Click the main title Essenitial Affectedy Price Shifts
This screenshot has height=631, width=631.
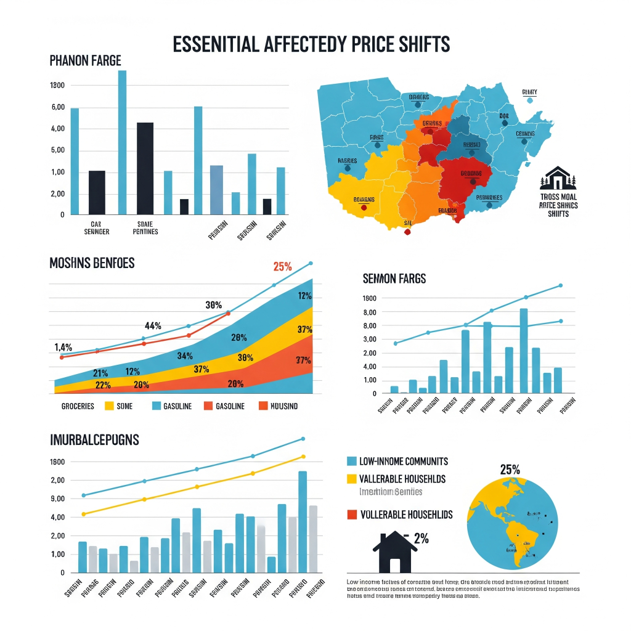coord(311,45)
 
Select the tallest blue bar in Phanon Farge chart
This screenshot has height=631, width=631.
coord(122,142)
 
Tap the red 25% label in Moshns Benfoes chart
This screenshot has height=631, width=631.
coord(282,267)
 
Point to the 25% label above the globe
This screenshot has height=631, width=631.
coord(510,469)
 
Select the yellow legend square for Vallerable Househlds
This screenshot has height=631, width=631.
coord(352,479)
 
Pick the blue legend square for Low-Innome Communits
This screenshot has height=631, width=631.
coord(352,461)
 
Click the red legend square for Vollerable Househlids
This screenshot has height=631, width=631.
coord(352,514)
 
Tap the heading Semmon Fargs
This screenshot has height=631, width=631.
coord(394,279)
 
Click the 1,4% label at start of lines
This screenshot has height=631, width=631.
coord(63,347)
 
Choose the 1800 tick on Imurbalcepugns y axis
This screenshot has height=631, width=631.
coord(57,462)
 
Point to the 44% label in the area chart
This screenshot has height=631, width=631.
coord(153,325)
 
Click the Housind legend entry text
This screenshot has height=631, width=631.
coord(284,406)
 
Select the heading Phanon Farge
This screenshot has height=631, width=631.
coord(85,60)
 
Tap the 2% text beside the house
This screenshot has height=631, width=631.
coord(421,539)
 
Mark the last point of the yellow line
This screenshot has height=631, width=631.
coord(303,457)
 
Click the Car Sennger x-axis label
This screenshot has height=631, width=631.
coord(97,227)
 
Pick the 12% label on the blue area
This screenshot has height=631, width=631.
coord(304,296)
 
